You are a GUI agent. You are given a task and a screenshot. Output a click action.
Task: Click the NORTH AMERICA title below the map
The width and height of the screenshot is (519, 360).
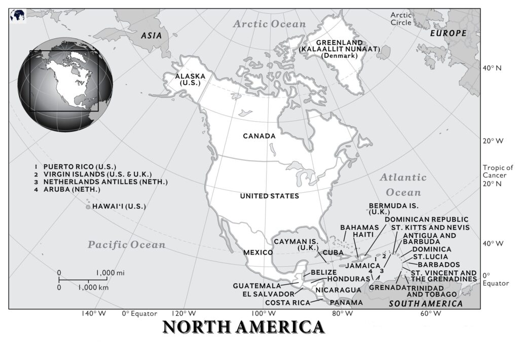(243, 327)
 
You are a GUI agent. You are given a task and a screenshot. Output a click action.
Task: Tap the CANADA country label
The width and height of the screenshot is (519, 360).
(259, 136)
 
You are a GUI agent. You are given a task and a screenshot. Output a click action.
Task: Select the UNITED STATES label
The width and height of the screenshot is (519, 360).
(269, 196)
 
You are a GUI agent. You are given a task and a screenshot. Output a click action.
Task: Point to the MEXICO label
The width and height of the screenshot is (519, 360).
(258, 252)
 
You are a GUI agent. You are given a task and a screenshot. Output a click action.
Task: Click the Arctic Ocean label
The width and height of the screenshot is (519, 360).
(270, 24)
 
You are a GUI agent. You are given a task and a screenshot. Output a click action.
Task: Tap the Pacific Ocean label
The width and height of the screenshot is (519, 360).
(126, 245)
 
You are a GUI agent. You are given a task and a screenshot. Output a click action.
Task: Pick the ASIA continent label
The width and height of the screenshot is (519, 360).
(151, 35)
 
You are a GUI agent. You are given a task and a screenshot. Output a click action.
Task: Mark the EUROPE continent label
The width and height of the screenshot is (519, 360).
(448, 33)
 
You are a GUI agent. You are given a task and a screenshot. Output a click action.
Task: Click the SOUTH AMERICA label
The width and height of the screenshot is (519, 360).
(426, 304)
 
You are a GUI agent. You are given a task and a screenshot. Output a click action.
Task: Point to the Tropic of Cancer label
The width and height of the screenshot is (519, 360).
(498, 171)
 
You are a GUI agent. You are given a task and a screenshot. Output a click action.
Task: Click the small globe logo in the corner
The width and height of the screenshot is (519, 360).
(17, 15)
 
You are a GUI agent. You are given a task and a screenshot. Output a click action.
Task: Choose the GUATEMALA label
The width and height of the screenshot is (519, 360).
(257, 286)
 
